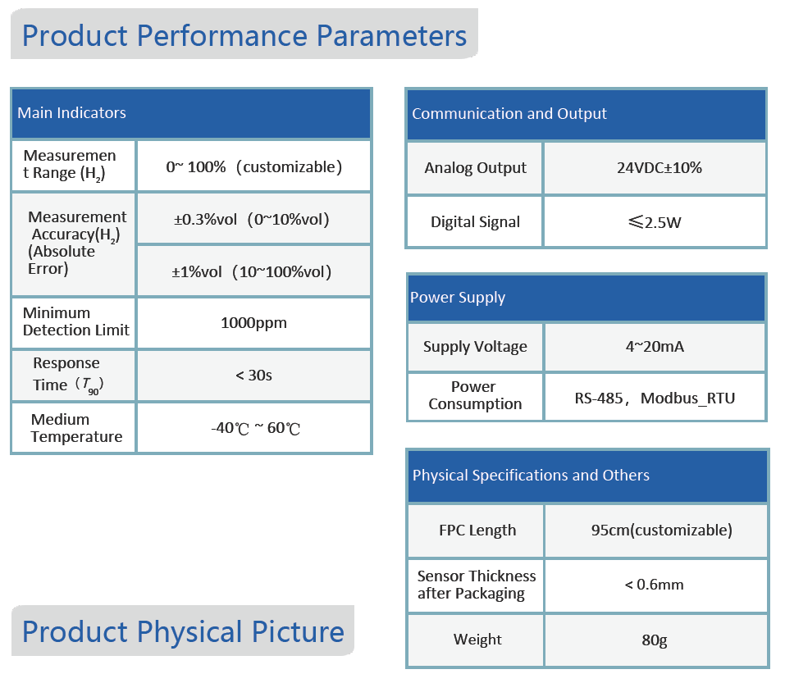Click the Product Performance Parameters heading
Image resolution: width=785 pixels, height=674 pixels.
click(x=244, y=35)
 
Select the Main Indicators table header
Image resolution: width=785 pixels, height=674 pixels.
click(x=72, y=113)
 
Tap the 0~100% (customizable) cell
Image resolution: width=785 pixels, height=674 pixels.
click(x=253, y=166)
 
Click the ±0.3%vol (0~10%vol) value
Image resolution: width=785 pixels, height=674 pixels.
click(x=253, y=219)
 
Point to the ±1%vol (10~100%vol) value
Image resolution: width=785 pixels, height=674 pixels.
click(x=253, y=271)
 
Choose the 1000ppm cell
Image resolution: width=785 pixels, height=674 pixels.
click(x=253, y=322)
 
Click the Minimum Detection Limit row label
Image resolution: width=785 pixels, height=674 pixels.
click(x=75, y=321)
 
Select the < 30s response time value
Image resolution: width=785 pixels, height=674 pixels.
click(x=253, y=375)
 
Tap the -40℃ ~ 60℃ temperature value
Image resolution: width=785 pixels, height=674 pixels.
click(x=253, y=428)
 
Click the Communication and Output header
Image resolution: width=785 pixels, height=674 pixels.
click(x=509, y=114)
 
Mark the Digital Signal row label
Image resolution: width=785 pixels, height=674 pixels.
click(x=475, y=221)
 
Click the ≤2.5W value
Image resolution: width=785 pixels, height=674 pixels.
click(x=654, y=221)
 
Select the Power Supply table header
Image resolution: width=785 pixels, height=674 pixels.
click(x=458, y=298)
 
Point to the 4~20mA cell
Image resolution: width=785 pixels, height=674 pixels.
click(x=654, y=346)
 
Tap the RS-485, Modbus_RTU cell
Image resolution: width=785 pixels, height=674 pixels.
click(x=654, y=398)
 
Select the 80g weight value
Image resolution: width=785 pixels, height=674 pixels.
click(x=654, y=640)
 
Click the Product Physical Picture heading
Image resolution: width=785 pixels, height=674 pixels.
click(x=183, y=631)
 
